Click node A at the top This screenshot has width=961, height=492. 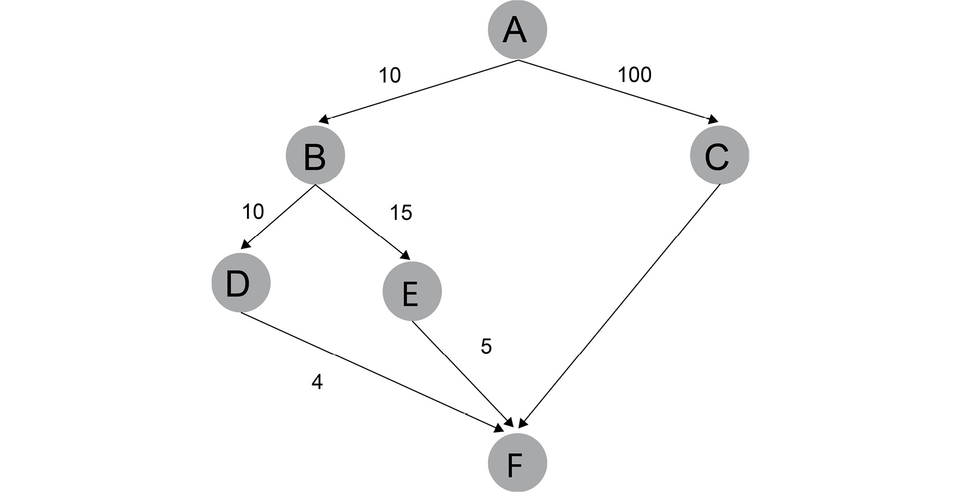tap(517, 29)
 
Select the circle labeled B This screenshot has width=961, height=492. tap(315, 155)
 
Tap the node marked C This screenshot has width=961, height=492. tap(720, 155)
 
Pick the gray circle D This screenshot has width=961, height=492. tap(241, 283)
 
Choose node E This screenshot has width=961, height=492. tap(412, 291)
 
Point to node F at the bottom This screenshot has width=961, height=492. tap(517, 463)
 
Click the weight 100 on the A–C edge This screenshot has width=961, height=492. tap(634, 74)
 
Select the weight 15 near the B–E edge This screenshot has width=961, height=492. tap(401, 213)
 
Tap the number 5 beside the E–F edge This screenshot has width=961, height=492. tap(486, 346)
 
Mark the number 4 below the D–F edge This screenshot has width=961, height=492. tap(317, 381)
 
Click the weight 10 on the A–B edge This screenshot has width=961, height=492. tap(390, 75)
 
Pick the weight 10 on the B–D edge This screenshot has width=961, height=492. tap(253, 212)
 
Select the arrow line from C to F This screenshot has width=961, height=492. tap(619, 306)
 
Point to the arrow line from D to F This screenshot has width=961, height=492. tap(372, 372)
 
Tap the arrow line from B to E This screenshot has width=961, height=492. tap(363, 222)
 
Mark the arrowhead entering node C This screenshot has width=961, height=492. tap(713, 120)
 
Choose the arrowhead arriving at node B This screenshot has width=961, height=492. tap(323, 120)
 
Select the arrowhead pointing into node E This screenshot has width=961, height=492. tap(405, 255)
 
